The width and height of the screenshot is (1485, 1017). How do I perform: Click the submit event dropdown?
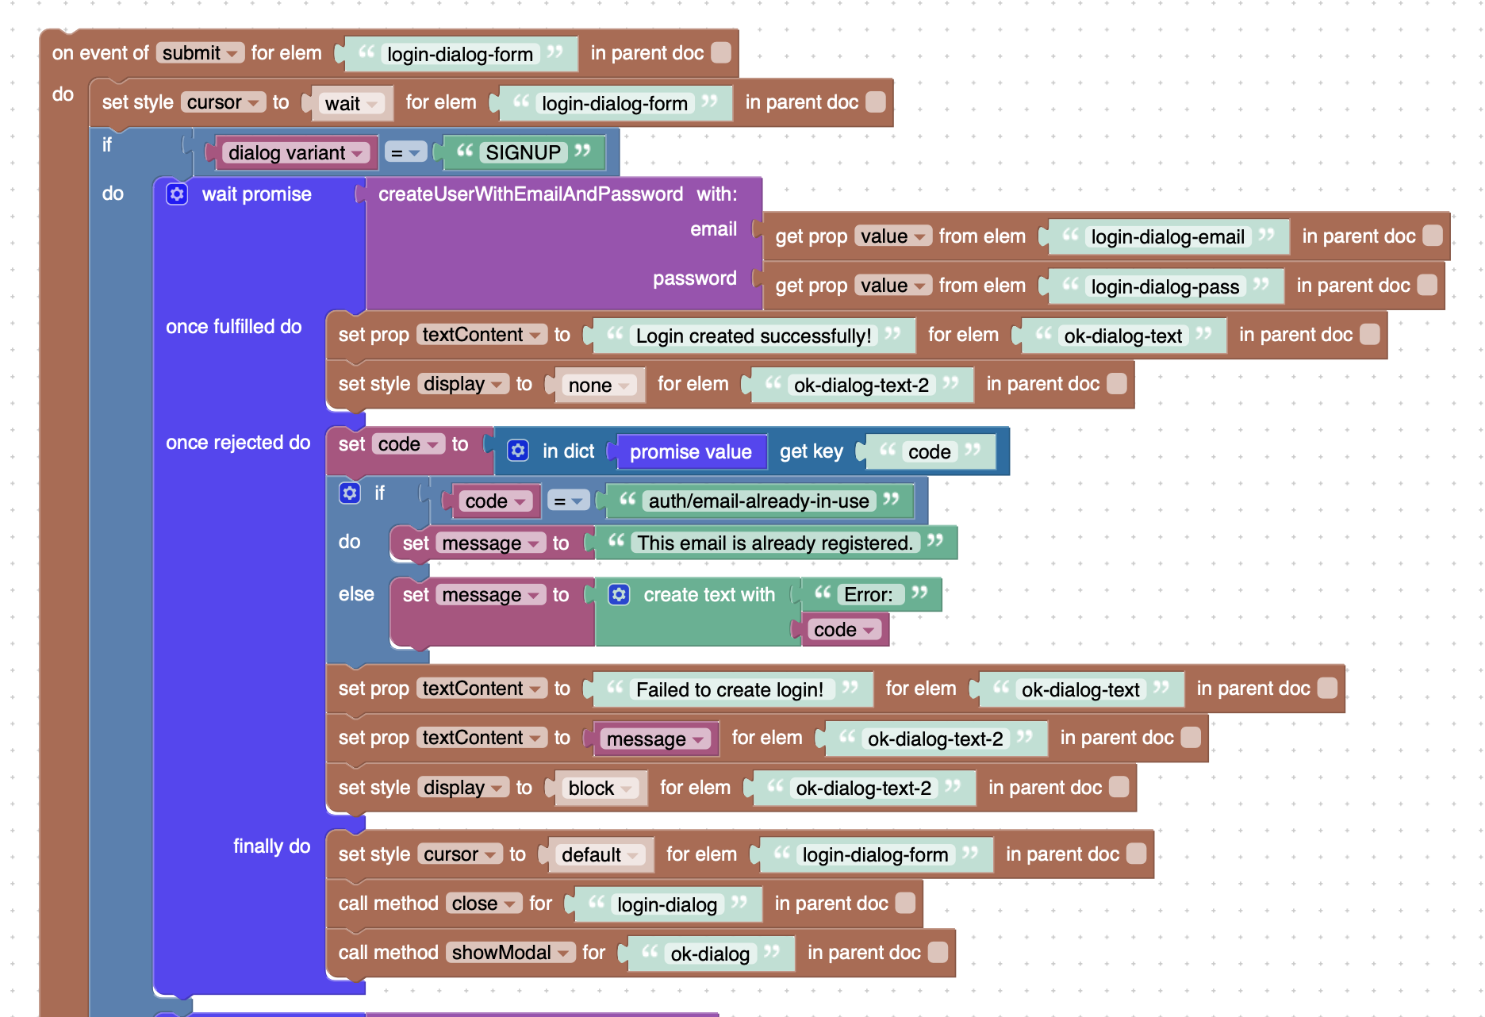click(x=200, y=53)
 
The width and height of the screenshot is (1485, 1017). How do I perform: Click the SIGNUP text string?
click(x=523, y=152)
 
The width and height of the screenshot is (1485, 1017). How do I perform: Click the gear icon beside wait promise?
click(x=177, y=194)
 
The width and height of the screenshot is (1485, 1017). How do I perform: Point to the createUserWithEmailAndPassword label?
click(x=530, y=194)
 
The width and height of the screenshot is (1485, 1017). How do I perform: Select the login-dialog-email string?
click(x=1168, y=236)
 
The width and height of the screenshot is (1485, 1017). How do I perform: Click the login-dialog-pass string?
click(x=1165, y=286)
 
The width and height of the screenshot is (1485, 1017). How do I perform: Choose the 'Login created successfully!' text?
click(x=754, y=336)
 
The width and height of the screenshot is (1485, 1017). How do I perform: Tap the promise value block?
click(x=691, y=451)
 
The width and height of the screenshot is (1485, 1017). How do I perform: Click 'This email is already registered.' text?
click(x=775, y=543)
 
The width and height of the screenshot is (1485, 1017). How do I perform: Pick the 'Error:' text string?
click(x=869, y=594)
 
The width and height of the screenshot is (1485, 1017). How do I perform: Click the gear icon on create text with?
click(x=619, y=594)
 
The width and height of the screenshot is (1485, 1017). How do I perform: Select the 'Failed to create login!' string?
click(x=730, y=689)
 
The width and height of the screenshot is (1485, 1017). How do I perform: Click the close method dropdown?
click(x=484, y=903)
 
